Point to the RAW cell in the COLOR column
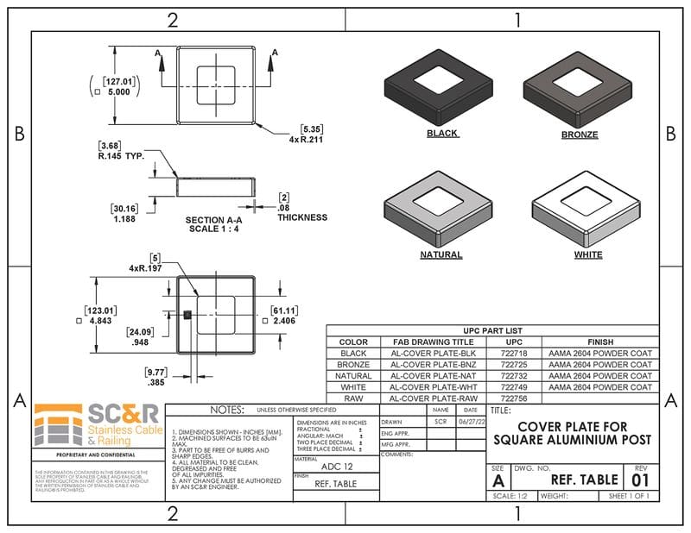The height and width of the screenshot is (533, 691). pyautogui.click(x=353, y=399)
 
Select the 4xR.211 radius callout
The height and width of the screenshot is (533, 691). pyautogui.click(x=306, y=139)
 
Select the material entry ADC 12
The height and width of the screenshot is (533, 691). pyautogui.click(x=335, y=467)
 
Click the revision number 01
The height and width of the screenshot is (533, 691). pyautogui.click(x=640, y=479)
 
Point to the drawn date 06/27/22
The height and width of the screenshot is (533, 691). pyautogui.click(x=470, y=423)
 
